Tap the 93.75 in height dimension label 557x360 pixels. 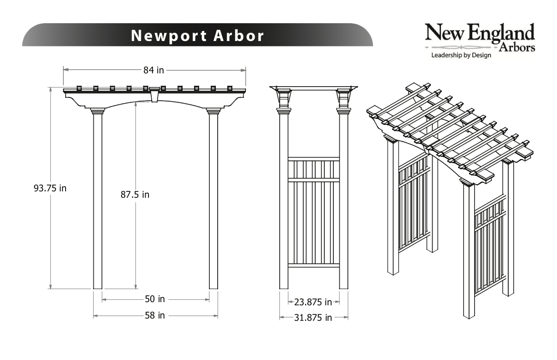[x=50, y=188]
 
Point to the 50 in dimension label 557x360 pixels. [x=155, y=299]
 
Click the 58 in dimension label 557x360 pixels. [x=155, y=315]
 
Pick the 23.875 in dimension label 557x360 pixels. [x=313, y=302]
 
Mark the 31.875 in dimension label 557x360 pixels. [x=313, y=318]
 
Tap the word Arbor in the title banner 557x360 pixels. [x=239, y=36]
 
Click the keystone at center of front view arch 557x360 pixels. [x=155, y=94]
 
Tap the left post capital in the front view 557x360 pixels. [x=97, y=111]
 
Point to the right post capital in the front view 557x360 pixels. [x=213, y=111]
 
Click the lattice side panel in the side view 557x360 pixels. [x=314, y=212]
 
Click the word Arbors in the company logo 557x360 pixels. [x=517, y=48]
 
